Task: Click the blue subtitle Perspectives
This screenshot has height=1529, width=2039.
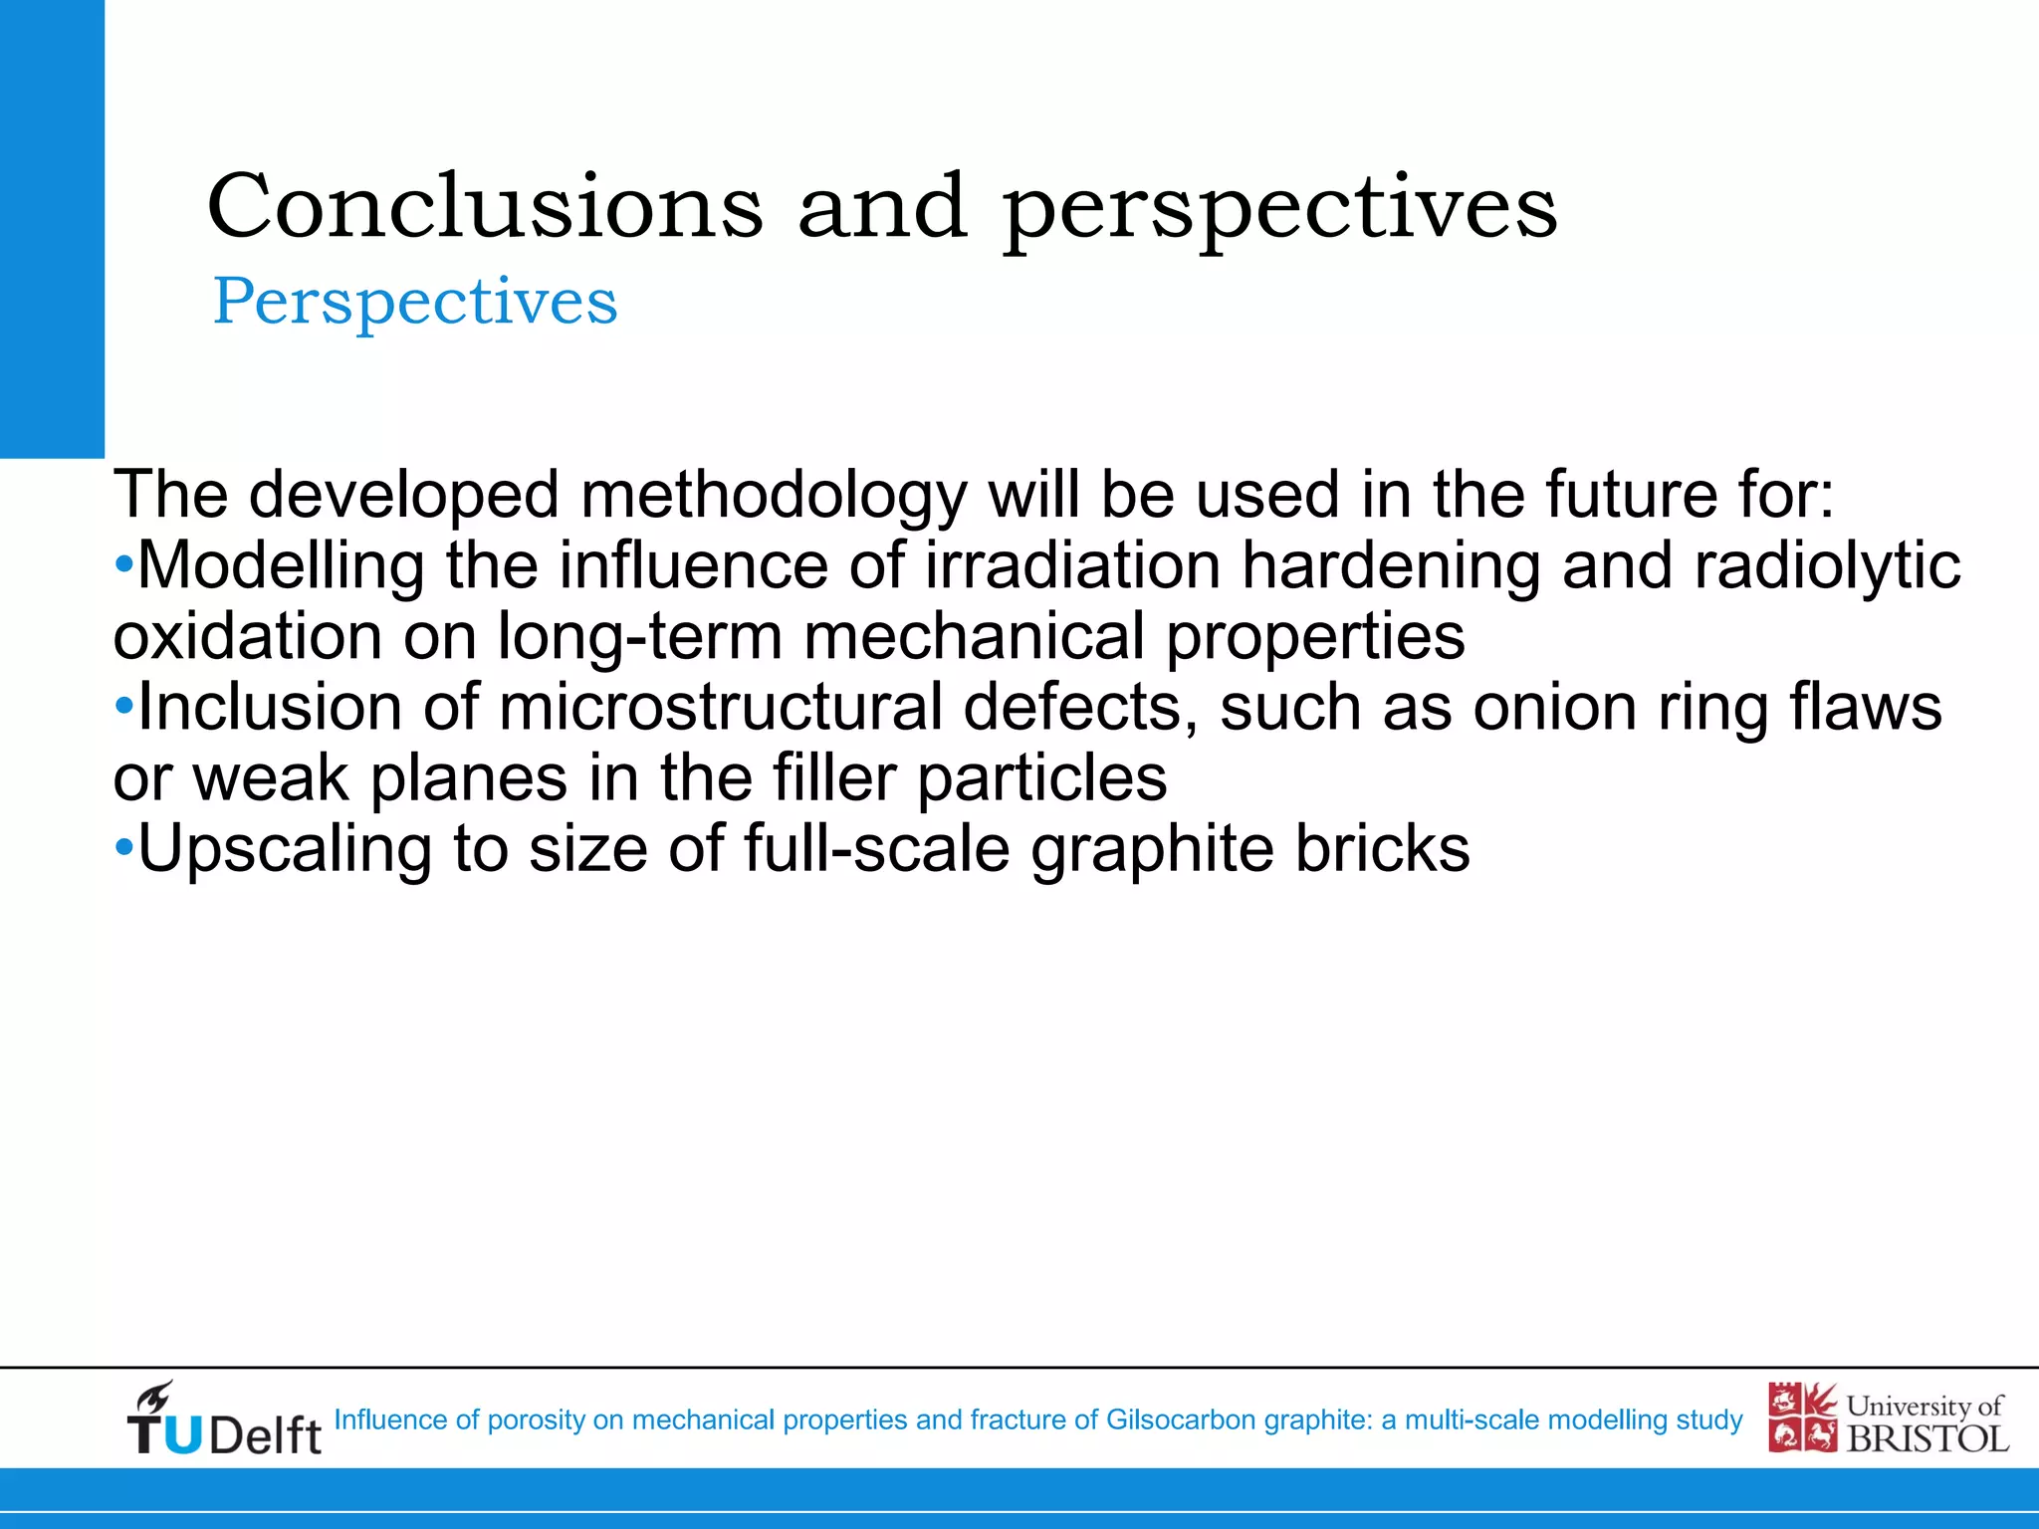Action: click(415, 301)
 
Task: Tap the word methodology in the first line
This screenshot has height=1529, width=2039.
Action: click(773, 495)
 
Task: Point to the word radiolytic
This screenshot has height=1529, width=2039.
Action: click(1827, 565)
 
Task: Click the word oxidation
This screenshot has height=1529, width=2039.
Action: click(247, 636)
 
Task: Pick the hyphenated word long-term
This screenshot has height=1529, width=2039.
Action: click(639, 636)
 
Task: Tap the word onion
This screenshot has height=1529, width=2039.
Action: click(1553, 707)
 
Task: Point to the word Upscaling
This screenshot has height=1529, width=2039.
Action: click(284, 849)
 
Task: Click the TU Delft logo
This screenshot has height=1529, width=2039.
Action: click(223, 1420)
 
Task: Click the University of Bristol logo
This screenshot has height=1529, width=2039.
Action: click(1888, 1419)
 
